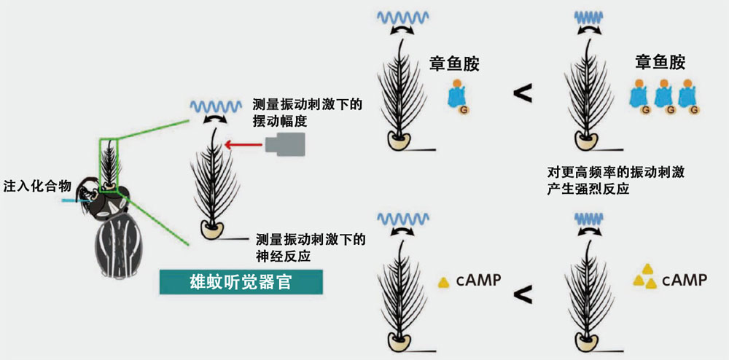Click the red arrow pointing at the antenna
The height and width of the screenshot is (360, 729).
[243, 146]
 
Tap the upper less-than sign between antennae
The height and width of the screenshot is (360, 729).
[522, 93]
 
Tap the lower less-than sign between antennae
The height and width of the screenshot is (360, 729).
[522, 295]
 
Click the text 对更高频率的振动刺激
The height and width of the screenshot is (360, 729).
[614, 172]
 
